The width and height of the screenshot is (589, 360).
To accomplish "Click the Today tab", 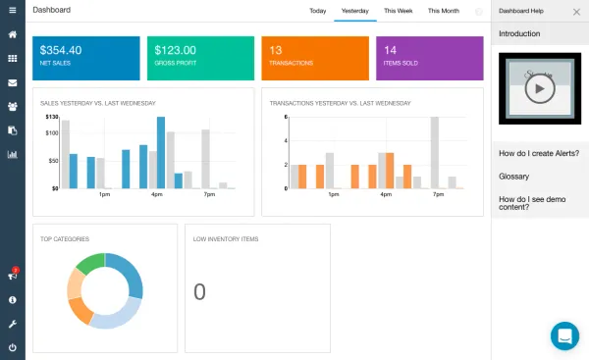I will pyautogui.click(x=317, y=11).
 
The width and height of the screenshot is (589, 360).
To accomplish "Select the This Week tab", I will pyautogui.click(x=398, y=11).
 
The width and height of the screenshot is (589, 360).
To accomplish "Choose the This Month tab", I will pyautogui.click(x=443, y=11).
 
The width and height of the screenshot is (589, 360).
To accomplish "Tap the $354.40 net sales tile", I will pyautogui.click(x=85, y=58).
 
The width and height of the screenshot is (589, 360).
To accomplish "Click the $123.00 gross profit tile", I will pyautogui.click(x=200, y=58).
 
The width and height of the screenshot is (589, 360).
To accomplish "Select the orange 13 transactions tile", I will pyautogui.click(x=315, y=58).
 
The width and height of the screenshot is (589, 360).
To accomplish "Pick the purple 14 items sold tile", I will pyautogui.click(x=430, y=58).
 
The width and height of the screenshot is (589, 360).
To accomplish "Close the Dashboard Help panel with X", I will pyautogui.click(x=576, y=11).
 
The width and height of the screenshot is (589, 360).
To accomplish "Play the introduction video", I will pyautogui.click(x=539, y=88).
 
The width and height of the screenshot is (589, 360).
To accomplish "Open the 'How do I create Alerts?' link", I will pyautogui.click(x=539, y=153).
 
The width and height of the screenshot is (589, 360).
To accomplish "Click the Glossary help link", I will pyautogui.click(x=514, y=177).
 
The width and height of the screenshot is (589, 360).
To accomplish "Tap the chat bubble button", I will pyautogui.click(x=564, y=335).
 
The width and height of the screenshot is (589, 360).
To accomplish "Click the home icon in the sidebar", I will pyautogui.click(x=13, y=34).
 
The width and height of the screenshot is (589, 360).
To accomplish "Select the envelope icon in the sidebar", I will pyautogui.click(x=13, y=82).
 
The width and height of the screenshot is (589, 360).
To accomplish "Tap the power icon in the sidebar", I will pyautogui.click(x=13, y=347).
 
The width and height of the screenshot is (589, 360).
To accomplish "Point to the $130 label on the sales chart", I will pyautogui.click(x=52, y=118).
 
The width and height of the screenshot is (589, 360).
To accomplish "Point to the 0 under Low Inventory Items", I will pyautogui.click(x=199, y=291).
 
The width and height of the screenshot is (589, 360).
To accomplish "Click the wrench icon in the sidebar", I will pyautogui.click(x=13, y=323).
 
